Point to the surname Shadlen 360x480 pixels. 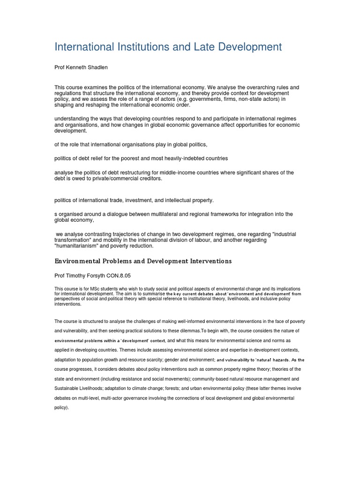pos(98,67)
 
